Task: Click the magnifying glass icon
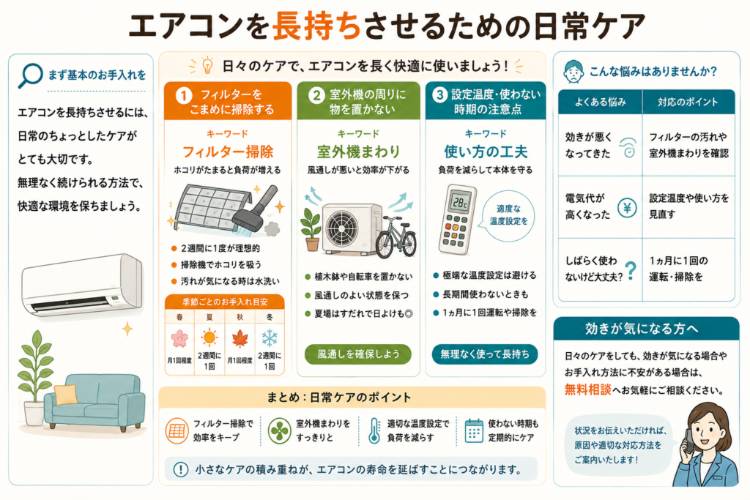tap(29, 76)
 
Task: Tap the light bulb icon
tap(207, 65)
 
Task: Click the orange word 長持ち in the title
tap(316, 26)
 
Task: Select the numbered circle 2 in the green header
tap(316, 95)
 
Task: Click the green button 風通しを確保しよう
tap(357, 354)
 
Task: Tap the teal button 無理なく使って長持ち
tap(485, 354)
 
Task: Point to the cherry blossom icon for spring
tap(179, 338)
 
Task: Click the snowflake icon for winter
tap(270, 338)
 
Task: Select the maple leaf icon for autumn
tap(240, 338)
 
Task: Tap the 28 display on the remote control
tap(460, 202)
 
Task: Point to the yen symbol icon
tap(627, 207)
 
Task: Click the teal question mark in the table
tap(631, 270)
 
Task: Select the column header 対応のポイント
tap(687, 102)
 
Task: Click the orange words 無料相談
tap(588, 389)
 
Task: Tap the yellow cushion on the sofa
tap(65, 395)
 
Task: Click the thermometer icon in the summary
tap(374, 430)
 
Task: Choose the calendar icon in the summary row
tap(474, 430)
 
